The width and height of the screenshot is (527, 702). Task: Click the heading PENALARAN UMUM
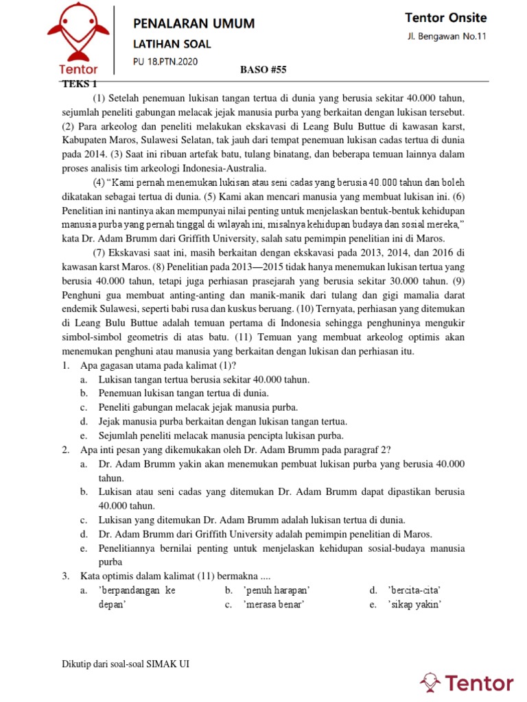194,24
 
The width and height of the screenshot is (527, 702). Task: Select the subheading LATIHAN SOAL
172,45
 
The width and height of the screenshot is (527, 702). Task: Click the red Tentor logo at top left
78,34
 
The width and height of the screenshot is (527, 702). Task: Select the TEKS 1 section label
80,83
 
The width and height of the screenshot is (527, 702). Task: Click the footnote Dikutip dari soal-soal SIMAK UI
121,664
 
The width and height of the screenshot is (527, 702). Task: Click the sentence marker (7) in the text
100,252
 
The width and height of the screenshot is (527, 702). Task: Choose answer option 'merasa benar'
274,604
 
